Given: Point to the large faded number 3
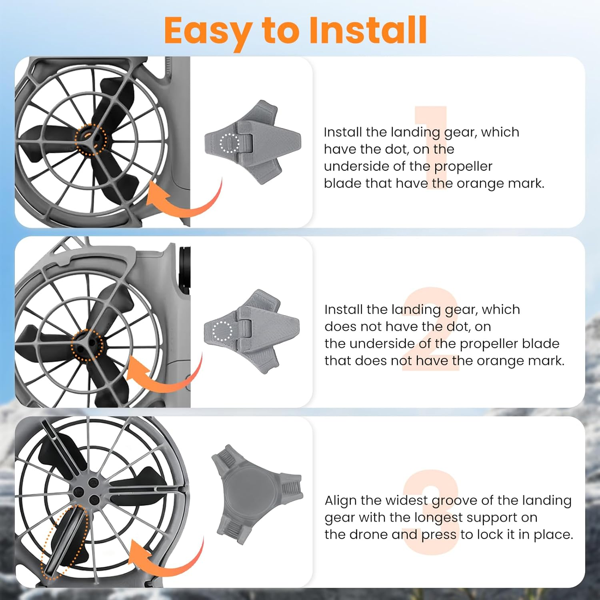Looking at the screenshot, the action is point(431,512).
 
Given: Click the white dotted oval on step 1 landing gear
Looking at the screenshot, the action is point(229,143).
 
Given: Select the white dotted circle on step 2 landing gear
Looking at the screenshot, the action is point(222,331).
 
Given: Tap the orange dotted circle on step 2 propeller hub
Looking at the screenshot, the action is point(87,345).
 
